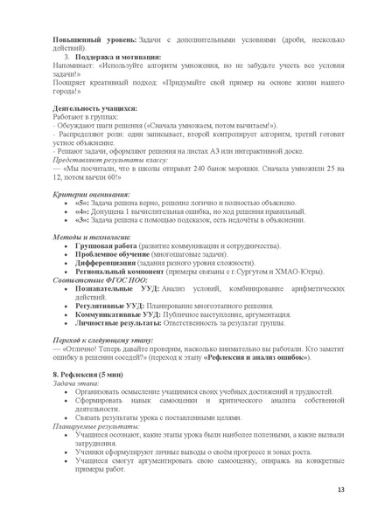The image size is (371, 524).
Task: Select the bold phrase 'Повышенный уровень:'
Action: click(94, 40)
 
